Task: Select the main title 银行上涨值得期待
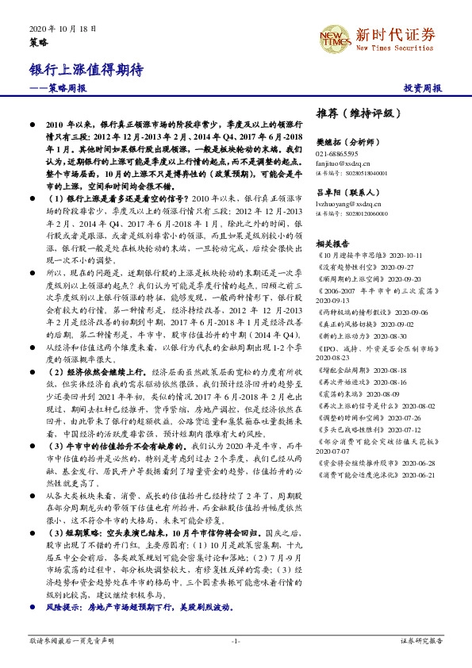86,70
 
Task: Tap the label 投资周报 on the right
422,89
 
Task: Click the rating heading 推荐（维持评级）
359,112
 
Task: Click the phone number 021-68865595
337,153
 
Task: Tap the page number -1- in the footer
236,640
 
